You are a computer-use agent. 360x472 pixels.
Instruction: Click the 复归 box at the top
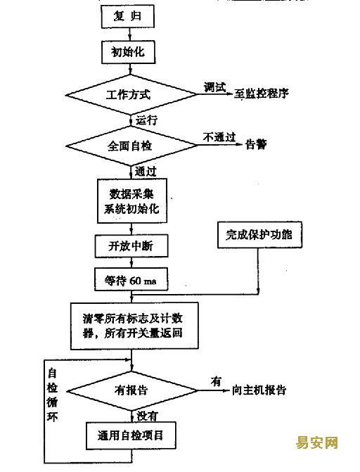[128, 17]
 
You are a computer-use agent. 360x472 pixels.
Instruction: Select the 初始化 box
[128, 52]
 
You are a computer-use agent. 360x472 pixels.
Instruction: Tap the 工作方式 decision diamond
[131, 95]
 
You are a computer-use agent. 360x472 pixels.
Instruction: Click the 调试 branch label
[214, 87]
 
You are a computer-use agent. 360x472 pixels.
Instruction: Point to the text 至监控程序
[262, 94]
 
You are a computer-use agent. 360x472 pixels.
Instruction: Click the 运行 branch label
[146, 120]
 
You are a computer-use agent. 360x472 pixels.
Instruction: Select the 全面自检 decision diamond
[131, 146]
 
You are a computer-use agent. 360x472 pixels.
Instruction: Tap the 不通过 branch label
[219, 138]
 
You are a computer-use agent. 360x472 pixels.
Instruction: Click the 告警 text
[256, 144]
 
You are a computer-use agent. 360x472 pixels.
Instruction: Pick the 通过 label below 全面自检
[146, 172]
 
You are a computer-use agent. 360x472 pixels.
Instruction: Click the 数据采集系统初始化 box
[132, 200]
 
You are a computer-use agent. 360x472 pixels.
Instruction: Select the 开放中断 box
[131, 246]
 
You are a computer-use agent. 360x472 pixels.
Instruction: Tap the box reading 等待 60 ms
[131, 280]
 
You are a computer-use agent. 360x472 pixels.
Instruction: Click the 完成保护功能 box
[259, 235]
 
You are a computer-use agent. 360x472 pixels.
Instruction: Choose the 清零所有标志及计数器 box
[134, 326]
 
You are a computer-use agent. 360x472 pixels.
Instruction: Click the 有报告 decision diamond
[132, 390]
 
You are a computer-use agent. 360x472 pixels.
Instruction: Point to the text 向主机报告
[259, 390]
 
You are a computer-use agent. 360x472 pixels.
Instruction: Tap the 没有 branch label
[147, 416]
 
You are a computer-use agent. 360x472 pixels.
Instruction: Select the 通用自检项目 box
[131, 435]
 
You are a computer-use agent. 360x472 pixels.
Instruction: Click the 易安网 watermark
[316, 442]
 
